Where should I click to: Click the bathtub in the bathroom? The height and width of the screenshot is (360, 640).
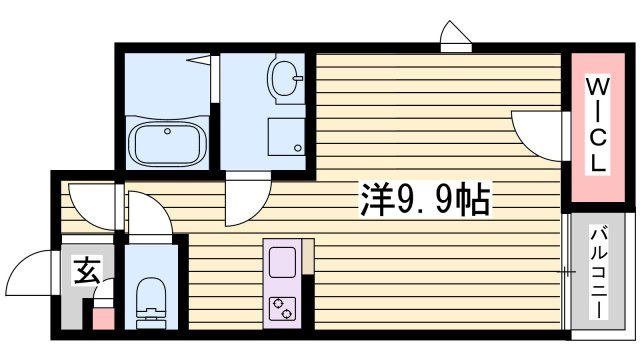tap(167, 144)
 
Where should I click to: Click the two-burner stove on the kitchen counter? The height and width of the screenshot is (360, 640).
tap(282, 309)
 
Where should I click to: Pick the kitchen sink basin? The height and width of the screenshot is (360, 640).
tap(282, 262)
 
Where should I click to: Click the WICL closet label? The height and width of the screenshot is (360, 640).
tap(598, 125)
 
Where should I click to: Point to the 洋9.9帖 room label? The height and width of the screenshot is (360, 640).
tap(424, 200)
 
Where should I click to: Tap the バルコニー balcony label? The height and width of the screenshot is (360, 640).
tap(598, 273)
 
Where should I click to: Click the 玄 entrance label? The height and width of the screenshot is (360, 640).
tap(87, 270)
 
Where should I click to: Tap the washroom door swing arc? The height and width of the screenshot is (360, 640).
tap(247, 198)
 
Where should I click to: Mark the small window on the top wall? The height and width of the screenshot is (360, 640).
tap(456, 37)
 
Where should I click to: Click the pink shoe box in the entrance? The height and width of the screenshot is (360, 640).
tap(103, 319)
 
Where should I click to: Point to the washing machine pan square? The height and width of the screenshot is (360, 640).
tap(287, 137)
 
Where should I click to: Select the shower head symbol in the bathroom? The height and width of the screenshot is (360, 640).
tap(199, 59)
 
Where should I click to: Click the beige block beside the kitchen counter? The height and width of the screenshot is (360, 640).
tap(308, 256)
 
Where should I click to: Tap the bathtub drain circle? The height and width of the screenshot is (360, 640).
tap(167, 131)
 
